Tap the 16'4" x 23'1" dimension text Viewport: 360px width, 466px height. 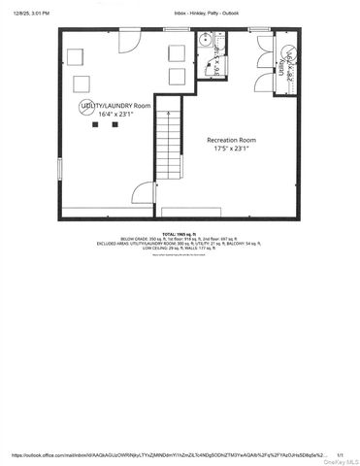pyautogui.click(x=117, y=115)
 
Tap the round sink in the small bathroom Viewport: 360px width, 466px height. pyautogui.click(x=205, y=40)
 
